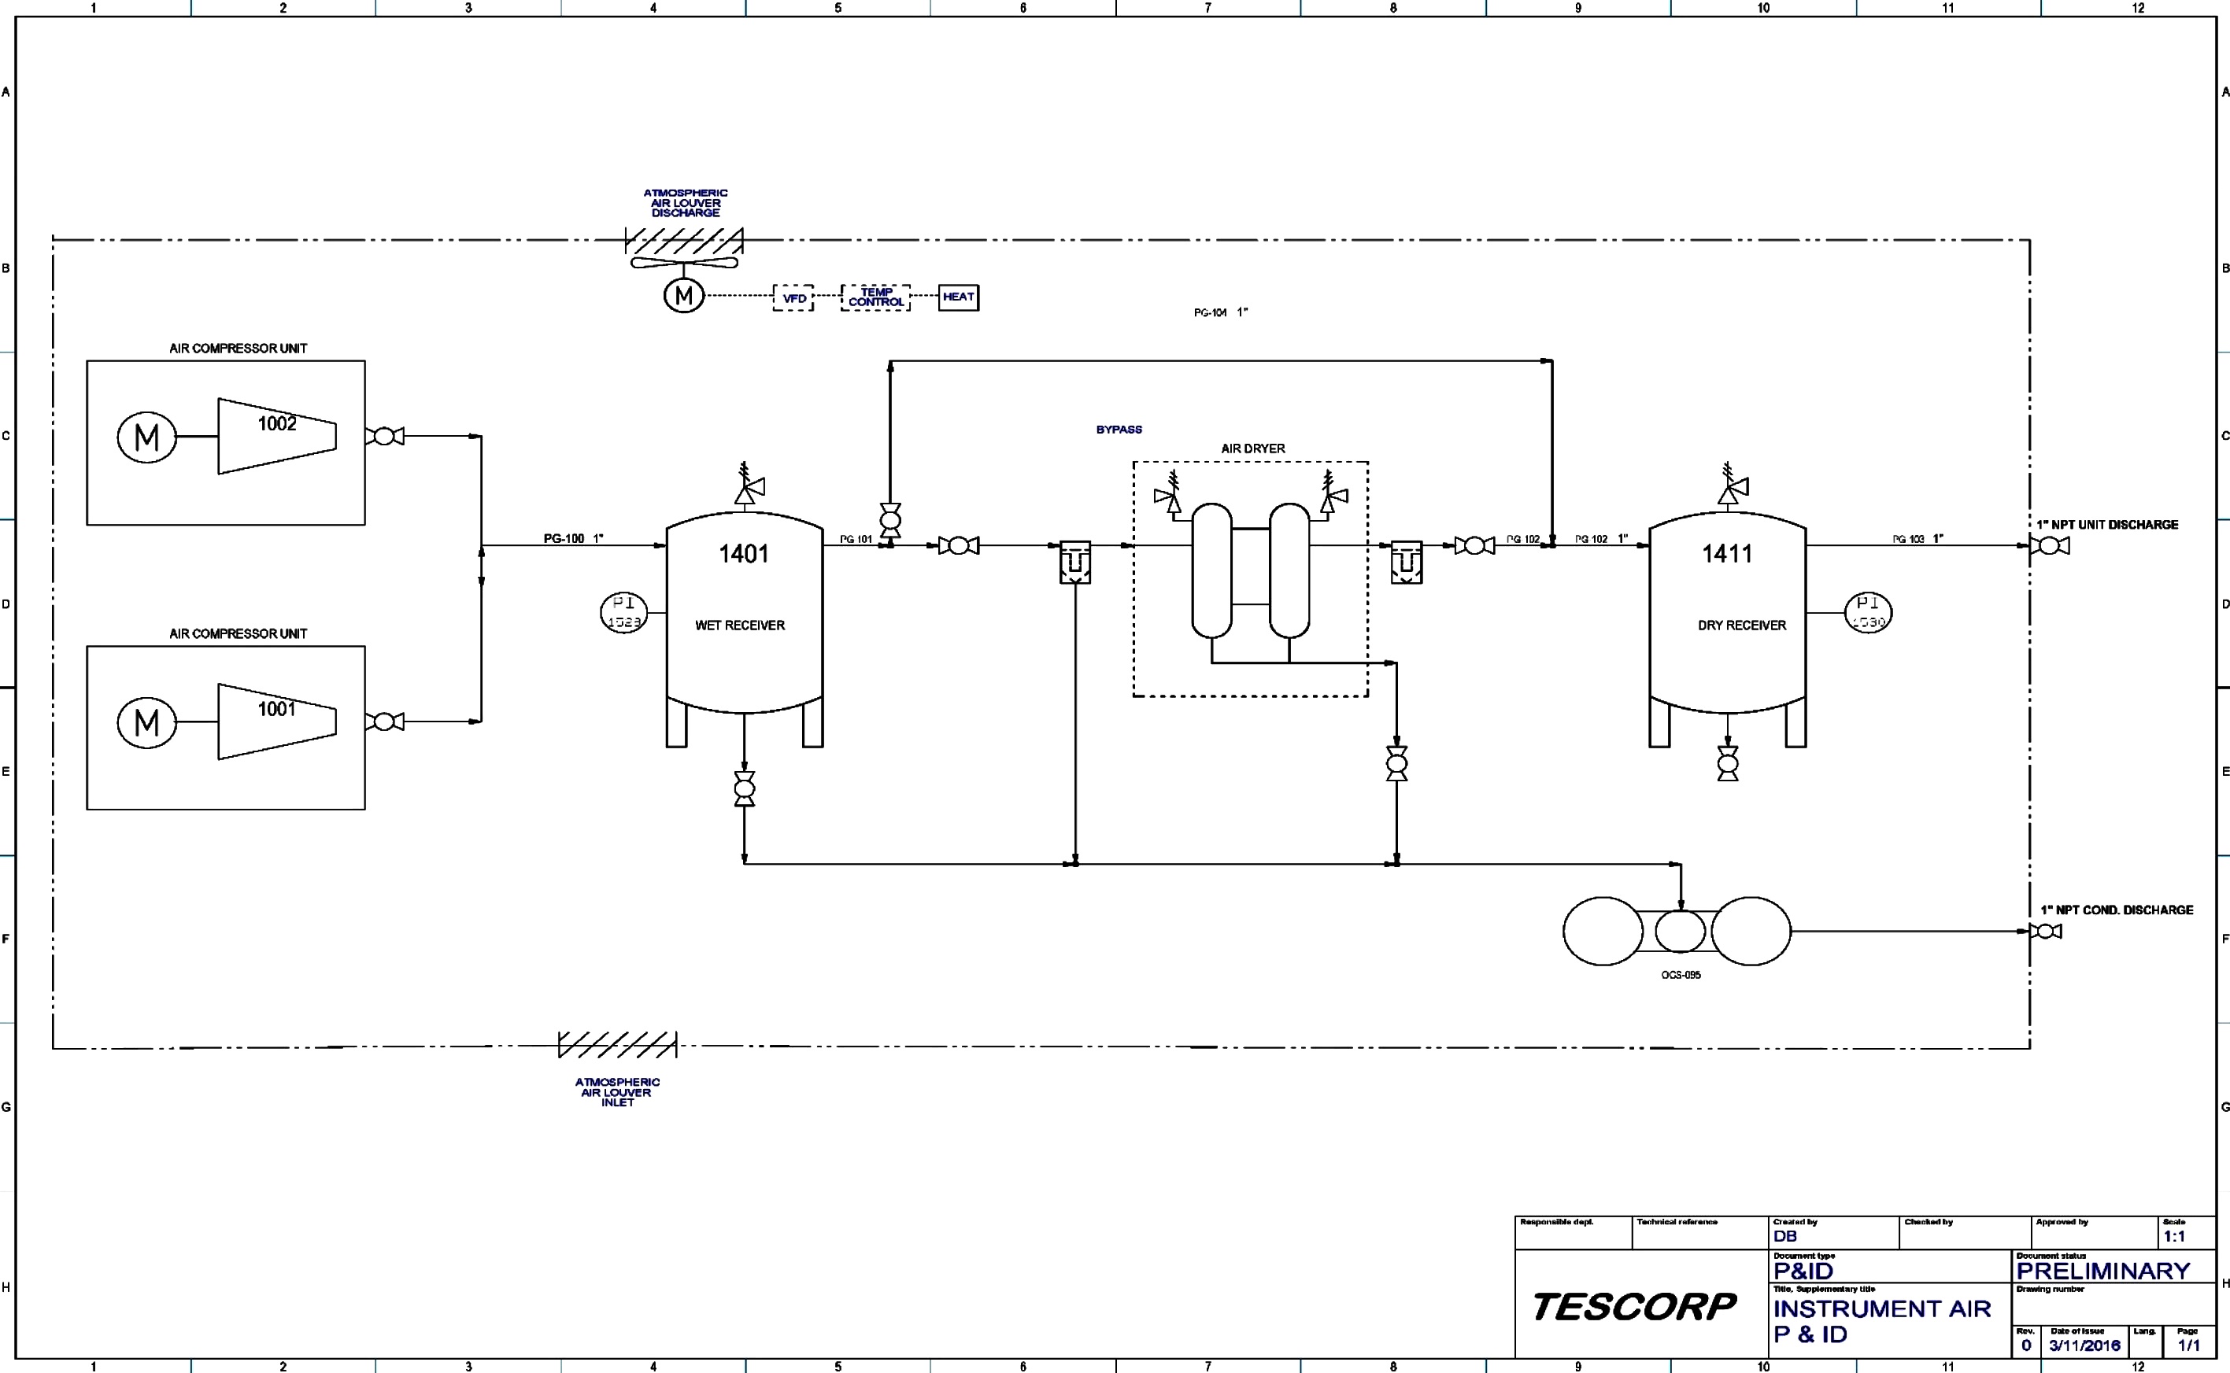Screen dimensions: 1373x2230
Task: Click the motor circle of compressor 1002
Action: click(x=146, y=437)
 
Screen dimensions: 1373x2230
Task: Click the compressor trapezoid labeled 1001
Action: click(x=276, y=722)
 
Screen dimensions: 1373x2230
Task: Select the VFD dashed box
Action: click(x=793, y=298)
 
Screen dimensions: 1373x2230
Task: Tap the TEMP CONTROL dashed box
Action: click(x=875, y=297)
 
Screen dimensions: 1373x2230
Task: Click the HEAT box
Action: click(x=958, y=297)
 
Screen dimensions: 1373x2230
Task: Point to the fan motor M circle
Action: click(x=683, y=295)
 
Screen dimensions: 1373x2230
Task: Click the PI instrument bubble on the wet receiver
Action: click(x=624, y=612)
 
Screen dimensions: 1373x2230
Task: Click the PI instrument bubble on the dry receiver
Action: click(x=1869, y=612)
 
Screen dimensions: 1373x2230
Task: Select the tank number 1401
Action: click(x=743, y=554)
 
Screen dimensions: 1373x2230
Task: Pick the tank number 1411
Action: click(x=1726, y=554)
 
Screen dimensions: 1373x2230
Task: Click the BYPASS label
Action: click(x=1119, y=430)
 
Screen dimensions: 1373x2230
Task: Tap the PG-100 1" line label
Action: click(x=573, y=538)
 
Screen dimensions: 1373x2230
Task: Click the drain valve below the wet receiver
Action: click(x=744, y=789)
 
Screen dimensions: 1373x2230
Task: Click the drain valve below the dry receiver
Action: click(x=1728, y=764)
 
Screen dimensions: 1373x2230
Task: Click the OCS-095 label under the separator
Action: click(x=1681, y=976)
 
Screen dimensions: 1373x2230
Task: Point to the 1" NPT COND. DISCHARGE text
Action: click(x=2117, y=910)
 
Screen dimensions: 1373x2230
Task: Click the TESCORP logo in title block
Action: click(x=1633, y=1307)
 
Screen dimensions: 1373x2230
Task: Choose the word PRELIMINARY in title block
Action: click(x=2102, y=1271)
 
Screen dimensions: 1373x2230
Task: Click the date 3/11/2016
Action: click(x=2084, y=1345)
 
